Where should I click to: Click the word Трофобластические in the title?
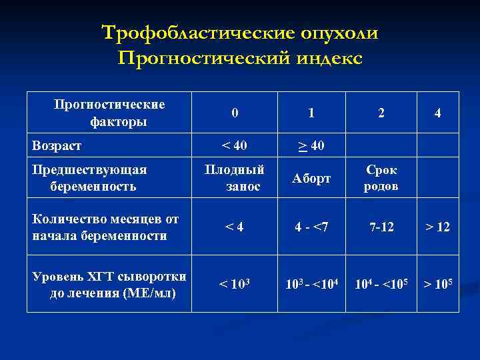(181, 33)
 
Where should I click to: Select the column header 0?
(235, 113)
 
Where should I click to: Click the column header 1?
(311, 113)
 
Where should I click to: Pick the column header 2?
(381, 113)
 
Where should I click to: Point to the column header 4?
(437, 113)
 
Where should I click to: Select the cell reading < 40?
(235, 145)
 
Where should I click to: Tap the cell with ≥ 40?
(311, 145)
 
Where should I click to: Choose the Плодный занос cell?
(235, 178)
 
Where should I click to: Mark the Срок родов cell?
(381, 178)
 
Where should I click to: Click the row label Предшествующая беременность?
(91, 177)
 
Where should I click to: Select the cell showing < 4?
(235, 227)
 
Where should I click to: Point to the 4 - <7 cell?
(311, 227)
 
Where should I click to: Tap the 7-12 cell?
(381, 227)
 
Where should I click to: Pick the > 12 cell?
(437, 227)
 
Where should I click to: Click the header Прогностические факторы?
(109, 113)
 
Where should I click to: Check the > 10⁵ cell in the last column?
(437, 285)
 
